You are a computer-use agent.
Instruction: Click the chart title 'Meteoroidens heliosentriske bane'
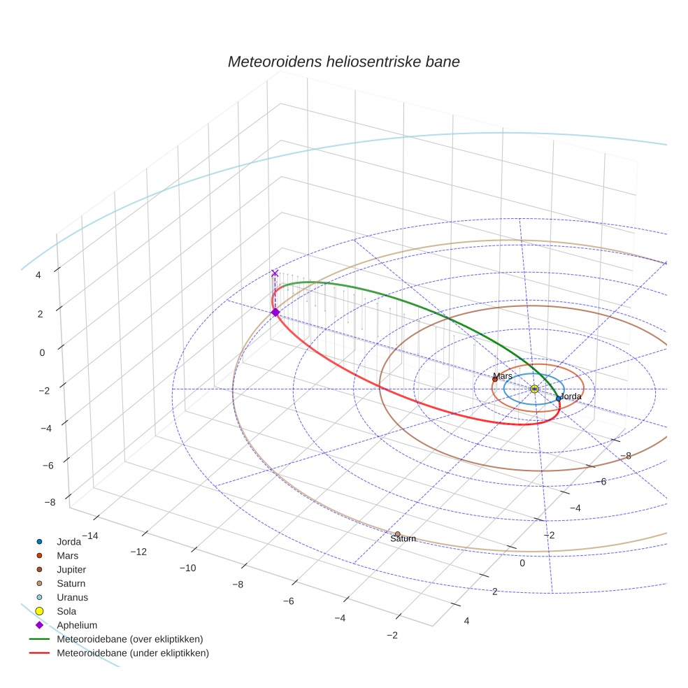[x=343, y=62]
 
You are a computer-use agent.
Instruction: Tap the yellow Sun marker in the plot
[x=534, y=389]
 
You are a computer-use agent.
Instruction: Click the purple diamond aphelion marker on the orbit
[x=275, y=312]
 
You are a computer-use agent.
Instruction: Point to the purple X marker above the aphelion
[x=275, y=273]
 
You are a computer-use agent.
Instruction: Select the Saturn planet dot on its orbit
[x=398, y=534]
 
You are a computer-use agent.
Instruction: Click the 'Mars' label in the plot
[x=502, y=376]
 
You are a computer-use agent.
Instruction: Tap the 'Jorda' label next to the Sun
[x=571, y=396]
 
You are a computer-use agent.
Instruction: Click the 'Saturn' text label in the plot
[x=403, y=539]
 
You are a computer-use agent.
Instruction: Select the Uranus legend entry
[x=72, y=597]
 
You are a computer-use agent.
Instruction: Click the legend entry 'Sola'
[x=67, y=611]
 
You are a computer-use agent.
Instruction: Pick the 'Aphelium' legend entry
[x=76, y=625]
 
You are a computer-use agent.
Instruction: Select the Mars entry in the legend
[x=67, y=555]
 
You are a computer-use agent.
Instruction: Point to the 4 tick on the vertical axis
[x=39, y=275]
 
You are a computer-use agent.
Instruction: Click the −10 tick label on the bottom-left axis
[x=187, y=568]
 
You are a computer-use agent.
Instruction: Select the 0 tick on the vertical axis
[x=43, y=352]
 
